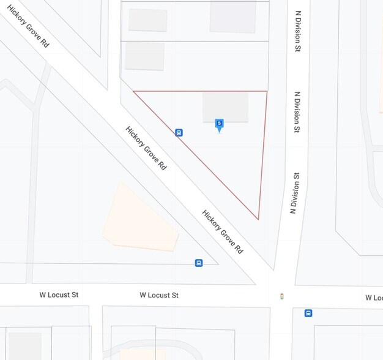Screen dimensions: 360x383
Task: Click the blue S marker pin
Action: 219,125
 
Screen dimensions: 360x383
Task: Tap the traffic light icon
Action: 281,296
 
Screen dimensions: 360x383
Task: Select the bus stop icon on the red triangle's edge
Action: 179,132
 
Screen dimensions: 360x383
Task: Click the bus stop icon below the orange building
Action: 198,263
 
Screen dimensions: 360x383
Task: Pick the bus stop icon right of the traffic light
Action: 308,313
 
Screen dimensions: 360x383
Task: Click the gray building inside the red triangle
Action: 225,107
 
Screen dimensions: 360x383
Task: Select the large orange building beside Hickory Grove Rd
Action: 141,219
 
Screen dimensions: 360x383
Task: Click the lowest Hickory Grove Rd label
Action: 223,232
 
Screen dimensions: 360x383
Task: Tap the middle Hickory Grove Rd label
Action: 146,148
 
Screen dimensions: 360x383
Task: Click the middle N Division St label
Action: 297,112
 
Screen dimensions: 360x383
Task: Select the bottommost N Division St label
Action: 294,192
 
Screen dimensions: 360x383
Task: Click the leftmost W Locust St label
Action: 59,294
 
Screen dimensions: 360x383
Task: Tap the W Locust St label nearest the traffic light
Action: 159,295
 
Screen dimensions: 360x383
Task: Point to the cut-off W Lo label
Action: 374,298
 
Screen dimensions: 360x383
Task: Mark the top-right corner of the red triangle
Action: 267,92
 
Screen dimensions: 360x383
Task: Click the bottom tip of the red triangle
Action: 258,219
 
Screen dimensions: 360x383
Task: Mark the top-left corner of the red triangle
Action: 134,92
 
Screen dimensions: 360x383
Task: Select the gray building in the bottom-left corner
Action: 24,346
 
